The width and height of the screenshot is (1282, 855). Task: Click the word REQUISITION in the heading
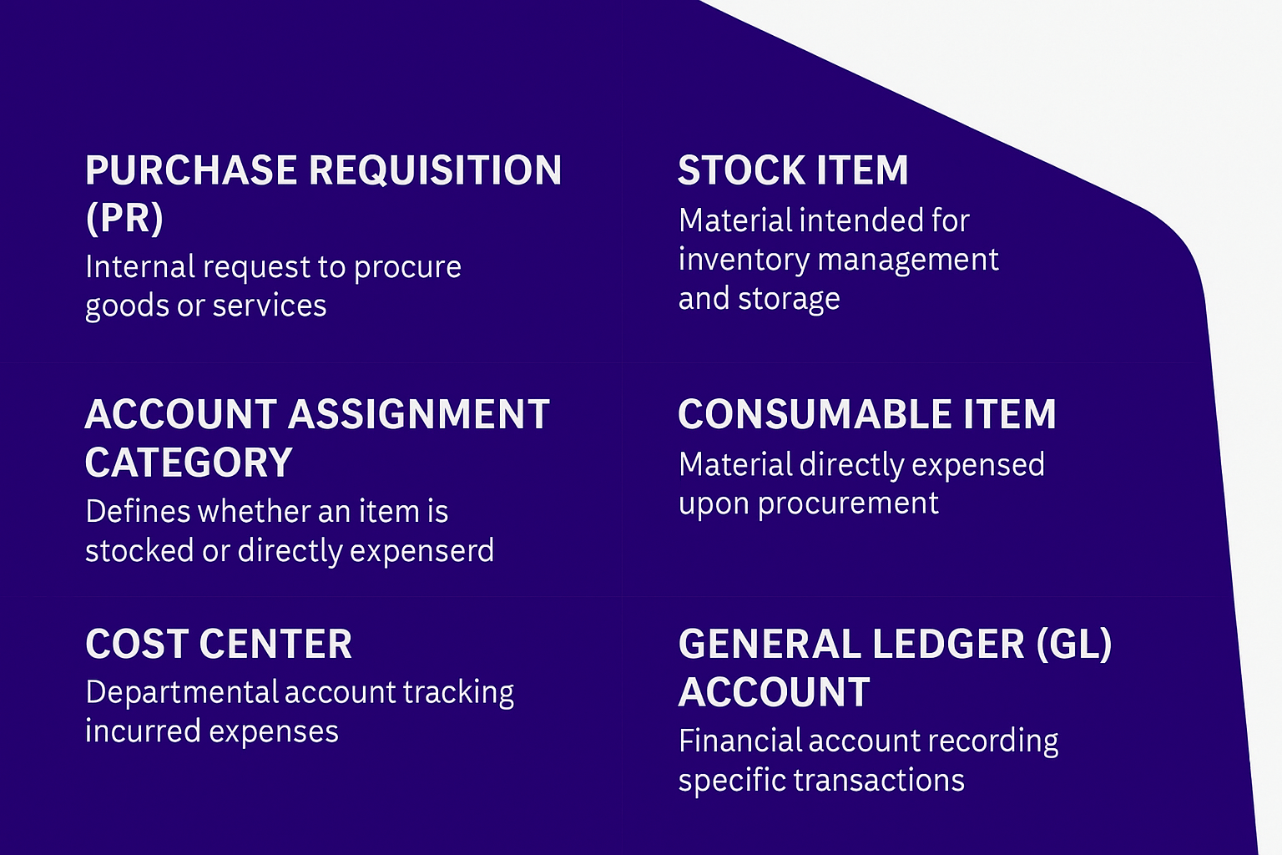click(x=435, y=170)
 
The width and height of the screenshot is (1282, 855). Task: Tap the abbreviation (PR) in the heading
click(x=124, y=218)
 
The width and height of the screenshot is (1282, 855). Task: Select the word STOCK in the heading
click(x=741, y=170)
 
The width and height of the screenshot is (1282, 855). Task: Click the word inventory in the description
click(x=744, y=261)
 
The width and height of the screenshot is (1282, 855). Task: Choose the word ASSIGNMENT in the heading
click(x=418, y=414)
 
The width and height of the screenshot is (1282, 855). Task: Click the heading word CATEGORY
click(x=189, y=463)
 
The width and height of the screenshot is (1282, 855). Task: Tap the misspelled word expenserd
click(x=421, y=551)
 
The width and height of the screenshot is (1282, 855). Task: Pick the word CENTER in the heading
click(x=275, y=645)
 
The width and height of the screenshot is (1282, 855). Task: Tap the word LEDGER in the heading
click(x=949, y=645)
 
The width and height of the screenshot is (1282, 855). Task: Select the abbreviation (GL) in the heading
click(x=1074, y=645)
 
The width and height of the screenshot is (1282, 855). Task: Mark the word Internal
click(x=140, y=267)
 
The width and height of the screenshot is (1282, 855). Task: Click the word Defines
click(x=139, y=511)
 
